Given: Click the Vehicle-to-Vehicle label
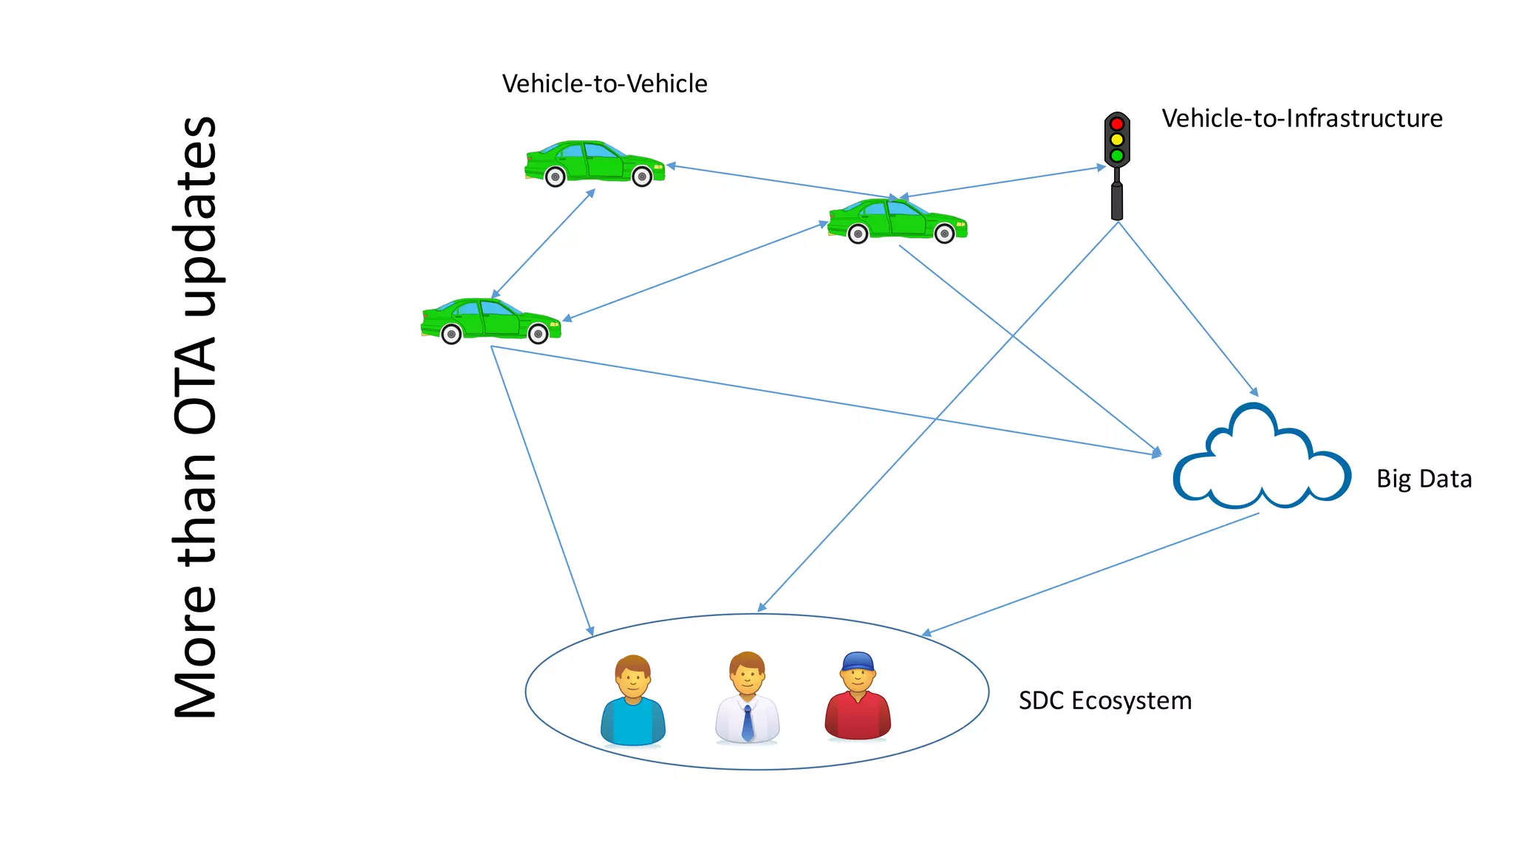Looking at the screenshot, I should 604,83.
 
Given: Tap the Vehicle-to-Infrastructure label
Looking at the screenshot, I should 1302,118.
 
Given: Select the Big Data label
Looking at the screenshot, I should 1424,479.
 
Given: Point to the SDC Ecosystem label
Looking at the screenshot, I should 1104,700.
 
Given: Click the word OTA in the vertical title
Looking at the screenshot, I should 196,384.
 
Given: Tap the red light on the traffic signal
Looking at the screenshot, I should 1117,123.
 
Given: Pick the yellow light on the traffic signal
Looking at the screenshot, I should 1117,140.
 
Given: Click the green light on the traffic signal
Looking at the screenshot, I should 1117,156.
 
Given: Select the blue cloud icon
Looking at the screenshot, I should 1262,462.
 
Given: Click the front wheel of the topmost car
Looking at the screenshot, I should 642,177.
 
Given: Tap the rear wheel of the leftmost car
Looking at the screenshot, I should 451,335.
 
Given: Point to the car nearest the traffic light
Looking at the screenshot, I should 898,220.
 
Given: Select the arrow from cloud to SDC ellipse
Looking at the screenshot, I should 1091,574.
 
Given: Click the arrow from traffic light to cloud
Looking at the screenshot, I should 1188,309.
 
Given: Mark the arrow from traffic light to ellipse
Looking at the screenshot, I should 938,417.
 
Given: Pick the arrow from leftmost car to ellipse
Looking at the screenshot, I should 542,491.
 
